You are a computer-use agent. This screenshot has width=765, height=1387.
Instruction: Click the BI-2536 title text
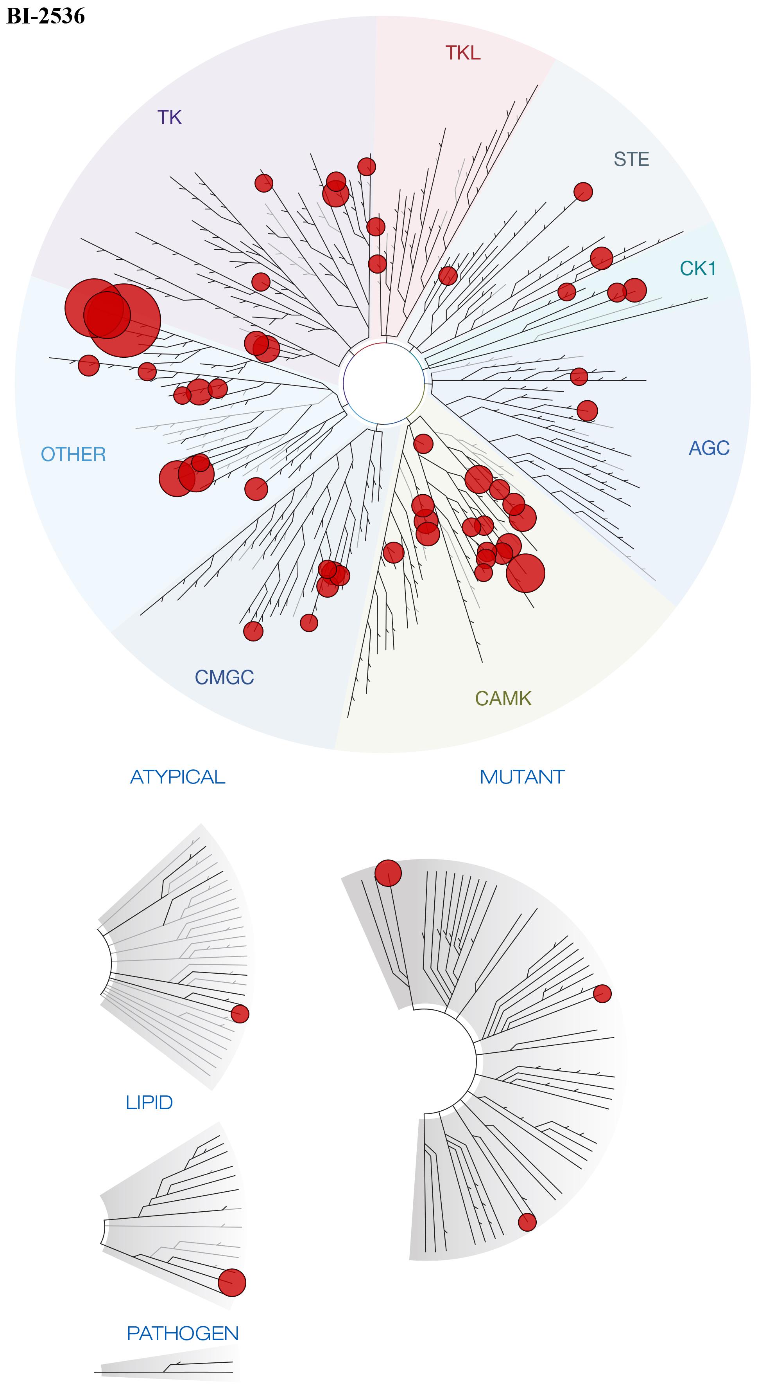46,16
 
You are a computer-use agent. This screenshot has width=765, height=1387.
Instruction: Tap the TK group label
170,117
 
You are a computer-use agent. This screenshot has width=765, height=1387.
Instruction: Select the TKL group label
463,53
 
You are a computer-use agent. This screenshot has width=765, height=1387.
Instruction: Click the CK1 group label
698,268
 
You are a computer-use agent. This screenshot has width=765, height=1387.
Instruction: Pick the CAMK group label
503,698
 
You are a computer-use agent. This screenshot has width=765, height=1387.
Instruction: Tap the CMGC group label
224,677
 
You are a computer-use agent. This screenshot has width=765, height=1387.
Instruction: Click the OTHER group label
74,454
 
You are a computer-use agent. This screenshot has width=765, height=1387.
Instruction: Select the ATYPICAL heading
177,777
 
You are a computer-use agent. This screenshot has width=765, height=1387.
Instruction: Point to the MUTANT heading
522,777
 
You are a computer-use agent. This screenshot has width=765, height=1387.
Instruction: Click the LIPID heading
149,1102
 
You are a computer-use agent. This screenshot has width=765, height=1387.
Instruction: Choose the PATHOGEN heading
183,1333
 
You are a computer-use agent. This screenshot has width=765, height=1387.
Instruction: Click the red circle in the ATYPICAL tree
240,1014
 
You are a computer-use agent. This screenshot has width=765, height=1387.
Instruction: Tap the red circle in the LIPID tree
232,1282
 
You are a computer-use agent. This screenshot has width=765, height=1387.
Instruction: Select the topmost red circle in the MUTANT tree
388,873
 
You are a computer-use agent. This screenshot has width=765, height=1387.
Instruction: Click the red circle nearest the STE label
583,191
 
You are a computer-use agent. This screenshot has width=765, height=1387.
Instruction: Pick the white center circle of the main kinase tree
383,384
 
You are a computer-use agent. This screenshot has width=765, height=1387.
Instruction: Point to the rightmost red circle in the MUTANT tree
602,993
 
